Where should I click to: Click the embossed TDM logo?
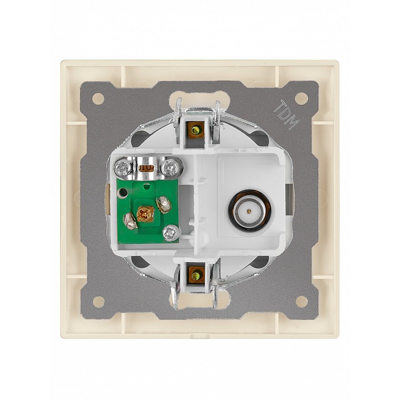tap(287, 115)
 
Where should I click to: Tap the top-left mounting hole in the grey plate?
tap(98, 98)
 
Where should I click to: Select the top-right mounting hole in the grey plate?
tap(302, 97)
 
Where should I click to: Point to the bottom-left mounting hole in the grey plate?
tap(98, 302)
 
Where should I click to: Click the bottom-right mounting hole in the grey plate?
tap(302, 301)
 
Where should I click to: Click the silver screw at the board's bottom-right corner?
tap(170, 232)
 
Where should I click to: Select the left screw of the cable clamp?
tap(123, 167)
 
